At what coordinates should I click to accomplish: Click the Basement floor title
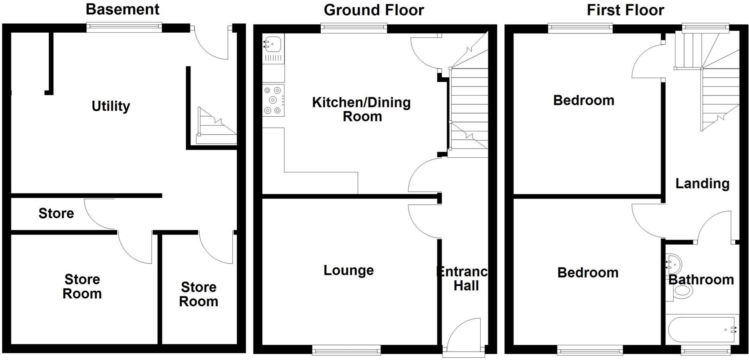(122, 9)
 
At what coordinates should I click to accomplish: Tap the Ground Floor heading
(373, 10)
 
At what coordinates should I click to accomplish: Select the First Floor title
(625, 10)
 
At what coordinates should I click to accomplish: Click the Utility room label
(111, 106)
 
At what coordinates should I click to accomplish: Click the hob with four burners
(273, 100)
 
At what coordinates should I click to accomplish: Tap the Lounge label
(348, 270)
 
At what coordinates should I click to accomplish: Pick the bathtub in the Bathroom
(701, 330)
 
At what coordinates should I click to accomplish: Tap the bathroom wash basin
(673, 264)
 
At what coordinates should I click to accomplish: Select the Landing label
(702, 184)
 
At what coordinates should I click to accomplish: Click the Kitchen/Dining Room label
(361, 109)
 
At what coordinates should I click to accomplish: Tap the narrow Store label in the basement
(56, 213)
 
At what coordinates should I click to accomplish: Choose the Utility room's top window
(124, 27)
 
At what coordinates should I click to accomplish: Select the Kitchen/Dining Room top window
(354, 27)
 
